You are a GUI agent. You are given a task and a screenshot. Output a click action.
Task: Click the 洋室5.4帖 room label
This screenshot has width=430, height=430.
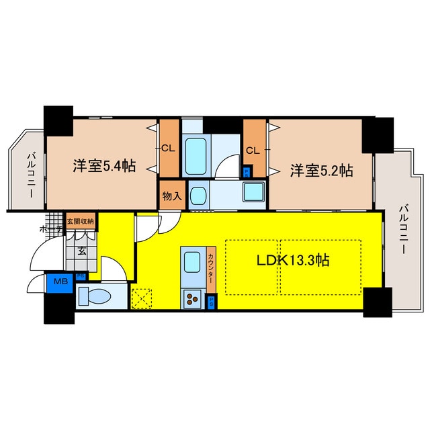103,165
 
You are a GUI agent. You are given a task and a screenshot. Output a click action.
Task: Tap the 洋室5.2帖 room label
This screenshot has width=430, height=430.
322,171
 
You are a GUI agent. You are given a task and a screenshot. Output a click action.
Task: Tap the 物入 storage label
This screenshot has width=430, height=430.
171,196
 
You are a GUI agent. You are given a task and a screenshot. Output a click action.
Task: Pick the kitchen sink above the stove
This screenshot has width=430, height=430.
191,262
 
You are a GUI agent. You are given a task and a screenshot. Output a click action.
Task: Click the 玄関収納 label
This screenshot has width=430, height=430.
81,220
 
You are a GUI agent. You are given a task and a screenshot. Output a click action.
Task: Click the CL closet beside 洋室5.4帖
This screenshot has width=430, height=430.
169,148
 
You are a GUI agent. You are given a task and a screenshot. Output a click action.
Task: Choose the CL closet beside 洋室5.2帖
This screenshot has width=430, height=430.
253,150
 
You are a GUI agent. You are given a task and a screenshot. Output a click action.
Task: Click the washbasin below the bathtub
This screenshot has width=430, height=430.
198,195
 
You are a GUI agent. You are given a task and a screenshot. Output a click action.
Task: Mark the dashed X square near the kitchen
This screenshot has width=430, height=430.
142,297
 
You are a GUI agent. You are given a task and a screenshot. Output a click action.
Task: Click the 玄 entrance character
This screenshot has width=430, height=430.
81,251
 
